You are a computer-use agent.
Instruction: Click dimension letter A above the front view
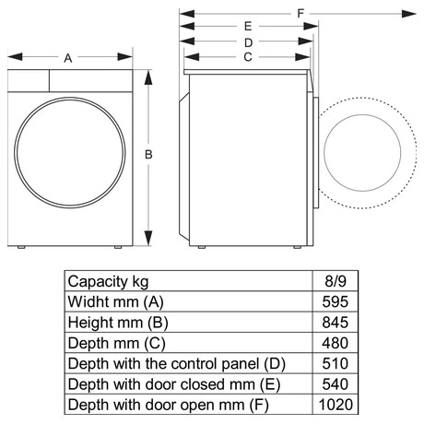tap(68, 58)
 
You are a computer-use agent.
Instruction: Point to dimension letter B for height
tap(148, 154)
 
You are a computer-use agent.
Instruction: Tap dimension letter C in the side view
tap(248, 57)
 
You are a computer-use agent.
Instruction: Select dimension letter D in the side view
tap(248, 42)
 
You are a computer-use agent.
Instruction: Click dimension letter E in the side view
tap(248, 27)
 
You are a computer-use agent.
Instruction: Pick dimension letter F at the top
tap(300, 14)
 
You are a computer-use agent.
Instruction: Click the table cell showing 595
tap(336, 301)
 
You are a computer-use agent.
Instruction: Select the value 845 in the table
tap(336, 323)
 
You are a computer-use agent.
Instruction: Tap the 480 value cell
tap(336, 343)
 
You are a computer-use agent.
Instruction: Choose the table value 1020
tap(336, 405)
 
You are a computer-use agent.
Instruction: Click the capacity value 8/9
tap(336, 281)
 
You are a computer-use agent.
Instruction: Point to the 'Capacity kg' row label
tap(108, 282)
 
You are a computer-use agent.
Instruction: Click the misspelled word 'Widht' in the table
tap(88, 301)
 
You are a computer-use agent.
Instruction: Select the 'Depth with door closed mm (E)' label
tap(174, 384)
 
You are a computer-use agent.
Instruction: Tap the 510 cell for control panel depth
tap(336, 363)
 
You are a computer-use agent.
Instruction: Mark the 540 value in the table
tap(336, 384)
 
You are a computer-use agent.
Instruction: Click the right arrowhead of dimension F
tap(409, 14)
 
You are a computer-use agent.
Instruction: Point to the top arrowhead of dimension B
tap(148, 77)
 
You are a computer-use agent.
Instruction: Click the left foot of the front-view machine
tap(21, 247)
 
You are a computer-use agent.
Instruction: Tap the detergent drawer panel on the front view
tap(29, 81)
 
